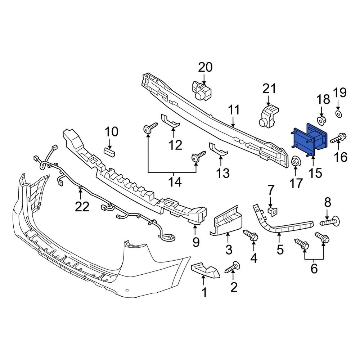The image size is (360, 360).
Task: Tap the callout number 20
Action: [206, 67]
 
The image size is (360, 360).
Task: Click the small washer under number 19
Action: [339, 114]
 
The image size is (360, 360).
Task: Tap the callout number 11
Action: [234, 111]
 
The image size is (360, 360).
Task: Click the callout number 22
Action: [82, 207]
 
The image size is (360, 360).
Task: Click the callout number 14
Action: [176, 183]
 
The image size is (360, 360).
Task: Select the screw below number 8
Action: [330, 220]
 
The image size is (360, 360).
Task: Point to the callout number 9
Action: [195, 242]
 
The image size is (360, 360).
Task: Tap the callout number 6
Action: [314, 268]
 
